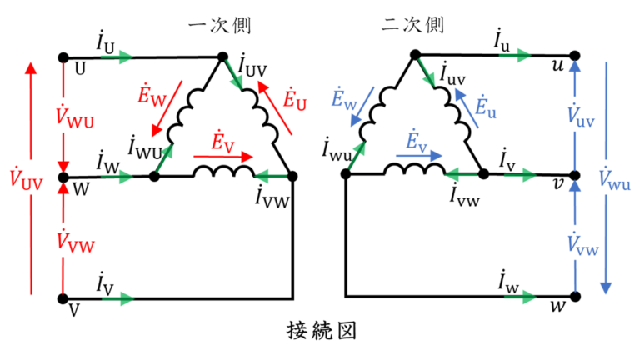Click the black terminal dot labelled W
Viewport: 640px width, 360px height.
[x=62, y=177]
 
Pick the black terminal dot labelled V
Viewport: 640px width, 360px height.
[x=62, y=297]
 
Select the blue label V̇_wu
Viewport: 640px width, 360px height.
[x=617, y=177]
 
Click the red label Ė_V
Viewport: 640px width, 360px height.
[x=224, y=140]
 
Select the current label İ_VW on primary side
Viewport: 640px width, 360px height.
[x=270, y=197]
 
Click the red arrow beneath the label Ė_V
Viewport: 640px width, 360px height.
[x=222, y=155]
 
